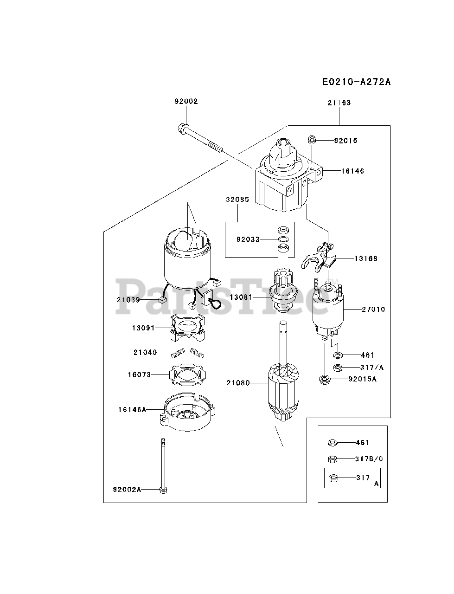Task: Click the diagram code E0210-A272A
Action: point(357,82)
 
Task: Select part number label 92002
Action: point(186,101)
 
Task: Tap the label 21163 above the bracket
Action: point(339,103)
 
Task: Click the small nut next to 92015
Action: point(312,140)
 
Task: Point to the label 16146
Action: point(352,171)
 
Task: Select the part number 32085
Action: point(237,200)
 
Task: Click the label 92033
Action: point(248,239)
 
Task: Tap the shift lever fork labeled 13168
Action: point(318,258)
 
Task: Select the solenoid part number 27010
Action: point(373,309)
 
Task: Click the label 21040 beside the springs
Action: point(145,352)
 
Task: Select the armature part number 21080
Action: point(238,383)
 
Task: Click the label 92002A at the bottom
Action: point(127,490)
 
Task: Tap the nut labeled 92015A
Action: point(325,380)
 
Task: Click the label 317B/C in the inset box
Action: point(369,458)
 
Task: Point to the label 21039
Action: point(128,300)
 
